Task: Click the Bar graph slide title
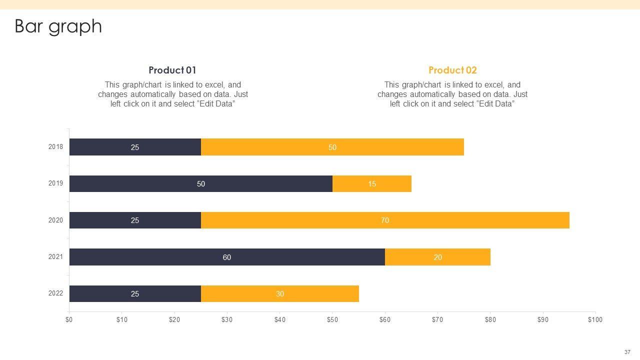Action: point(58,26)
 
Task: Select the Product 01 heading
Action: point(172,70)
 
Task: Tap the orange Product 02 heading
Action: point(452,70)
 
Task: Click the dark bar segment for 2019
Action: point(150,183)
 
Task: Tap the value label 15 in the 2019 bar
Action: point(372,184)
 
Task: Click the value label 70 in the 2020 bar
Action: point(385,220)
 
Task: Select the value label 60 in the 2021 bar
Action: point(227,257)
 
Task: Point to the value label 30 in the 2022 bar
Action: point(280,294)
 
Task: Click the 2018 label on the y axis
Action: point(55,147)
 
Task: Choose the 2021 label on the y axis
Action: point(55,257)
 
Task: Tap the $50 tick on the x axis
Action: point(332,320)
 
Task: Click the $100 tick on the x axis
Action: point(595,320)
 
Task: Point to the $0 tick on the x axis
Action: point(69,320)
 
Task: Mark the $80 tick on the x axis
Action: point(490,320)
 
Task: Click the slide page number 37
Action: point(627,352)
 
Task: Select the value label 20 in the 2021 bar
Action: point(438,257)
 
